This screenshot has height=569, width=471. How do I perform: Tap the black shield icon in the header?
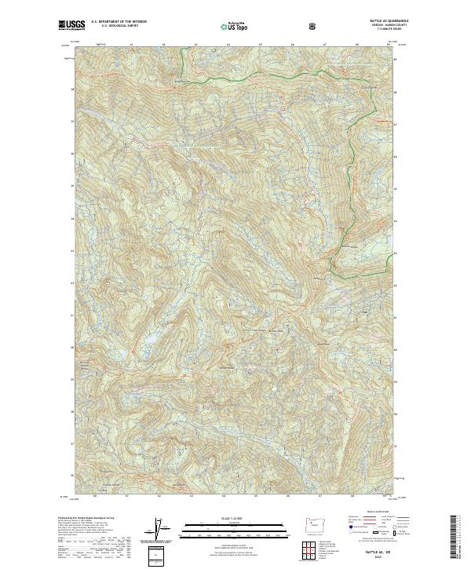tap(312, 27)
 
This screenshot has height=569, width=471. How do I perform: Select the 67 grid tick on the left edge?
tap(73, 121)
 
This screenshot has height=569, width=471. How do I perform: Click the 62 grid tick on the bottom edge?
tap(159, 496)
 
